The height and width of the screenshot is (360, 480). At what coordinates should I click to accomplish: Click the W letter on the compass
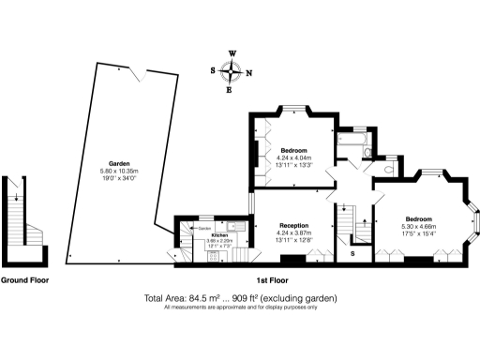click(232, 53)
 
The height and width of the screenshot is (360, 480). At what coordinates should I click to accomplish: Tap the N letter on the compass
click(248, 71)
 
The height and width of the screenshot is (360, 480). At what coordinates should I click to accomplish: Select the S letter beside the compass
click(214, 71)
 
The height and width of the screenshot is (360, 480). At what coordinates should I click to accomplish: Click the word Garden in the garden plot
click(117, 162)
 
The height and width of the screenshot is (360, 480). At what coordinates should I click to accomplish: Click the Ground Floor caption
click(25, 279)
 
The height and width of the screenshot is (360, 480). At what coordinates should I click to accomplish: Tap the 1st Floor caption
click(273, 279)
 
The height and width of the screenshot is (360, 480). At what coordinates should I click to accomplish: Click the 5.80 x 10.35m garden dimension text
click(118, 170)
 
